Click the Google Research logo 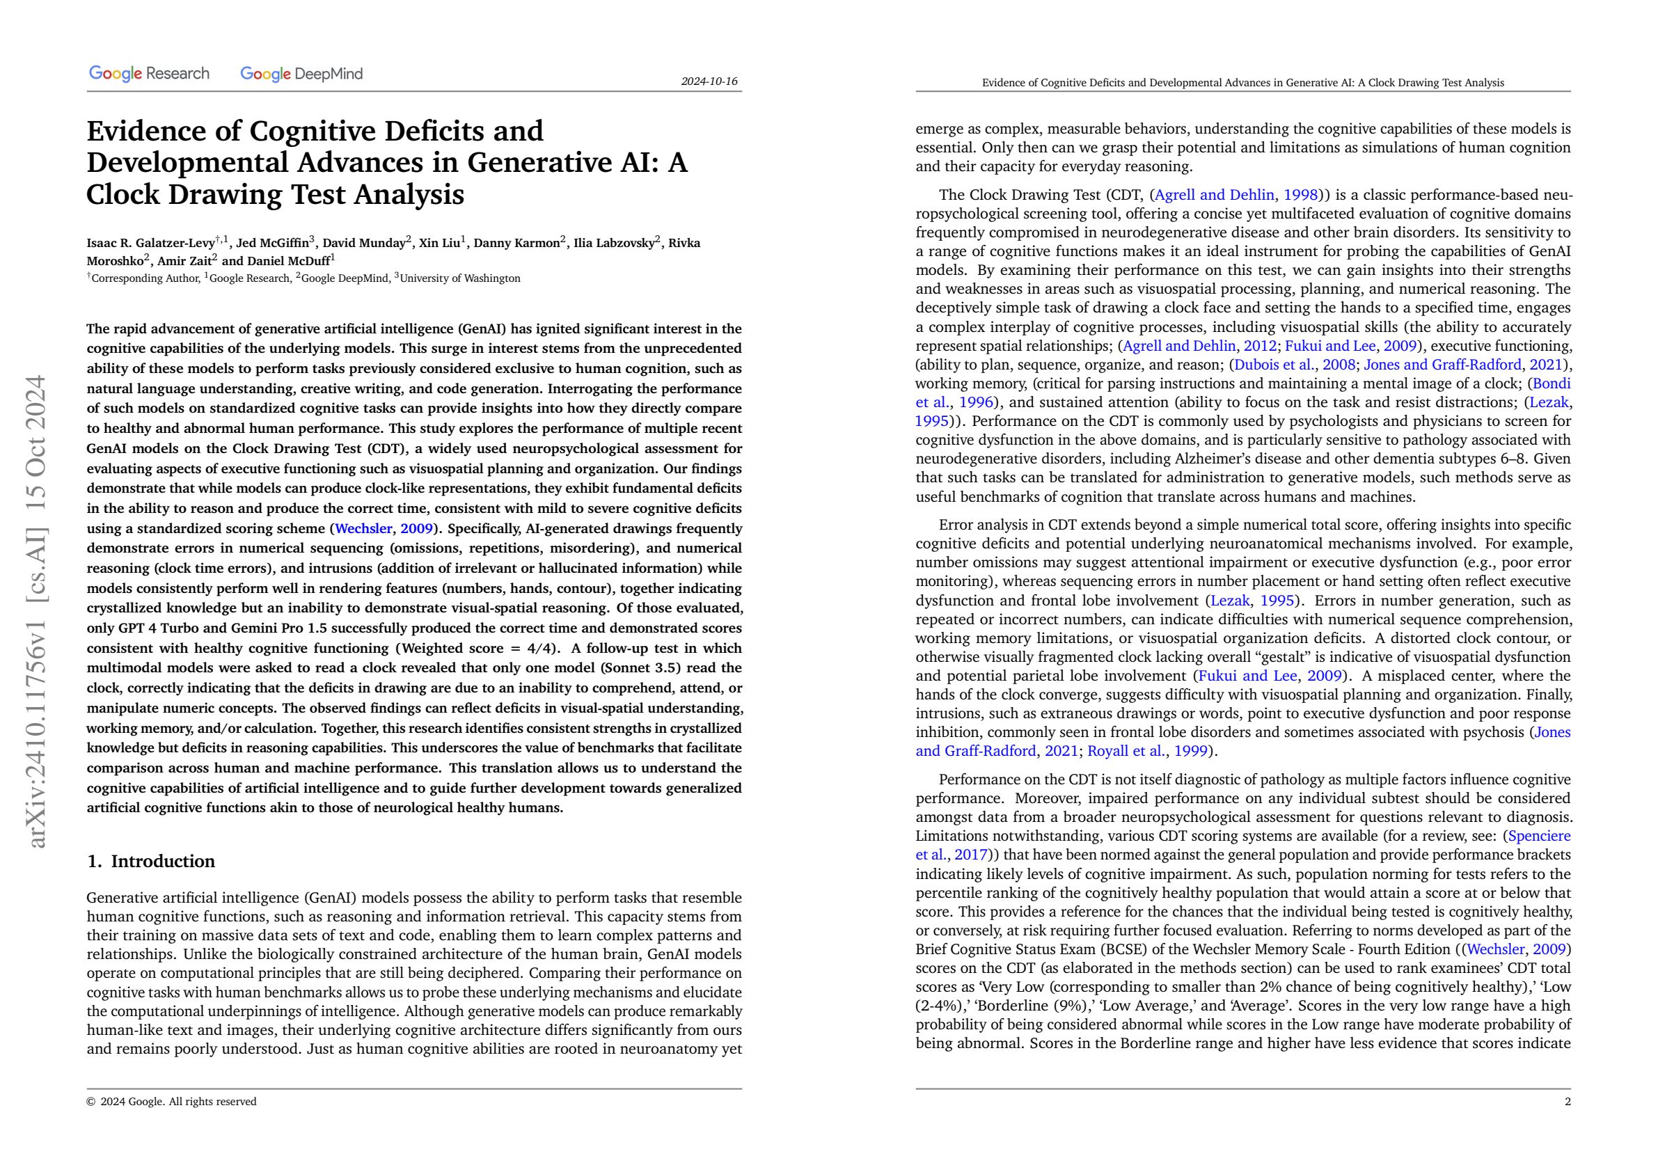pyautogui.click(x=149, y=74)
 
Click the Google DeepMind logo pyautogui.click(x=301, y=74)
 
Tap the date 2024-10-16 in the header pyautogui.click(x=709, y=81)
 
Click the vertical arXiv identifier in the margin pyautogui.click(x=36, y=610)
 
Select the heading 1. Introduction pyautogui.click(x=150, y=861)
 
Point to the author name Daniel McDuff pyautogui.click(x=288, y=262)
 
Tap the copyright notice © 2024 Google pyautogui.click(x=171, y=1101)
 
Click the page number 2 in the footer pyautogui.click(x=1568, y=1101)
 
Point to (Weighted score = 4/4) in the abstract pyautogui.click(x=477, y=648)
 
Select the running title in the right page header pyautogui.click(x=1242, y=82)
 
